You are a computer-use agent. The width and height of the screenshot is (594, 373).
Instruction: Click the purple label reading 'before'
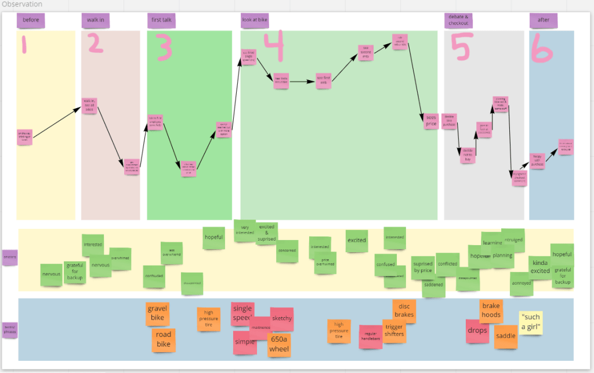[x=31, y=21]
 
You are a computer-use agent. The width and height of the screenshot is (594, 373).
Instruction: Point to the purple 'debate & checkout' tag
[x=459, y=20]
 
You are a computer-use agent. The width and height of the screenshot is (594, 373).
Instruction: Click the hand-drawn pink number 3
[x=163, y=48]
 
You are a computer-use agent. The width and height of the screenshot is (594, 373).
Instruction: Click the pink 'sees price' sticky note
[x=430, y=120]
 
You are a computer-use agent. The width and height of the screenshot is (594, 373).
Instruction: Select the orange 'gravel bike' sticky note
[x=158, y=314]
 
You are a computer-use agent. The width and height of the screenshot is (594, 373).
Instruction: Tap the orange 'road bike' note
[x=164, y=340]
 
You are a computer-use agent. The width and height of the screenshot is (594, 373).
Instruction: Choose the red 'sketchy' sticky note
[x=282, y=318]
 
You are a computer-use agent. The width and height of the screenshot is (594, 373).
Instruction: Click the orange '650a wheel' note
[x=279, y=345]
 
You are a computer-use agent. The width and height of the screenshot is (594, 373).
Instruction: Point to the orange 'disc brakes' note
[x=404, y=311]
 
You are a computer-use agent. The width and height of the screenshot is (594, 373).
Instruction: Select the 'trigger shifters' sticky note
[x=394, y=331]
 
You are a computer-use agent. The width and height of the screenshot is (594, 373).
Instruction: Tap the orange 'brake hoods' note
[x=491, y=311]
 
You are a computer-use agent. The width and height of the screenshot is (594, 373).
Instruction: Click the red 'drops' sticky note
[x=477, y=331]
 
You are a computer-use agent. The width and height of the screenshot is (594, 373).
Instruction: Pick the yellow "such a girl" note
[x=531, y=323]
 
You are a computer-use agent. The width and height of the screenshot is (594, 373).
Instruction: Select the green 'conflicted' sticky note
[x=447, y=264]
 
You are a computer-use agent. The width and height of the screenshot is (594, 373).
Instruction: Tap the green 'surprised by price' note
[x=423, y=267]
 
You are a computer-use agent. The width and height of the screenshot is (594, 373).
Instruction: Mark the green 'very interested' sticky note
[x=245, y=231]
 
